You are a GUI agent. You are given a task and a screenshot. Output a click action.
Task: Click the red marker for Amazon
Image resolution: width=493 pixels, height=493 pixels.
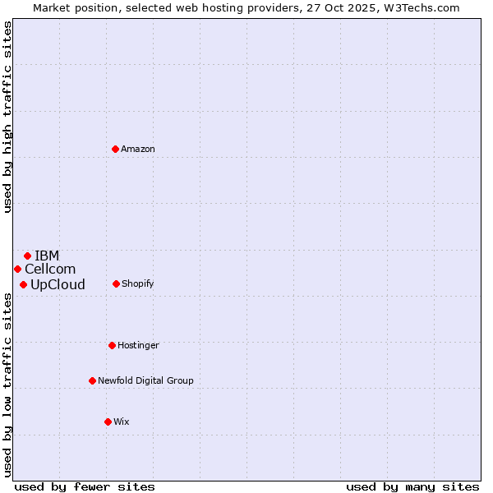coord(115,149)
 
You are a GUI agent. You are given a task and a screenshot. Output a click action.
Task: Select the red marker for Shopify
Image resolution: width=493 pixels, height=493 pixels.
coord(116,283)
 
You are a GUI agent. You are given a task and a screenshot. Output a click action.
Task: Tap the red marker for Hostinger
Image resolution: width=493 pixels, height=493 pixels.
coord(112,345)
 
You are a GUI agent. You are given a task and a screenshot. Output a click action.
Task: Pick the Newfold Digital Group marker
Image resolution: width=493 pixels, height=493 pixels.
coord(92,380)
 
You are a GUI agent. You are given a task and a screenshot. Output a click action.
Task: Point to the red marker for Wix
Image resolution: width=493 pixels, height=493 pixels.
coord(108,422)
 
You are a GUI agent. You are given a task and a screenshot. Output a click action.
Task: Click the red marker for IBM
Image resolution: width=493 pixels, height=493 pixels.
coord(27,256)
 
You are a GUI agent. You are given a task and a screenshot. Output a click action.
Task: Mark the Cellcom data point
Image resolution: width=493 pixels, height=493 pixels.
coord(17,269)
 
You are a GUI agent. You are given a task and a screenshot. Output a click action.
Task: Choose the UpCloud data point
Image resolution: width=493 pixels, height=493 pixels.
coord(23,284)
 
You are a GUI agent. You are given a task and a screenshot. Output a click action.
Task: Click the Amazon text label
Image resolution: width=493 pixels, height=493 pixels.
coord(138,149)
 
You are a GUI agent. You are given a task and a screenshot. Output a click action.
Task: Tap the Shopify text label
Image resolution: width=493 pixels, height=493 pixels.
coord(137,283)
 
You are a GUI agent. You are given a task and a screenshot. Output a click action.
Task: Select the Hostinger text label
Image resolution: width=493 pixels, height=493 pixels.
coord(138,345)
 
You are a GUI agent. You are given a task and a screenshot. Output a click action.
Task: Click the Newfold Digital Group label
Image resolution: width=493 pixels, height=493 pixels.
coord(145,380)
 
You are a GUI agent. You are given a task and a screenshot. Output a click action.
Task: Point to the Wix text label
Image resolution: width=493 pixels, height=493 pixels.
coord(122,422)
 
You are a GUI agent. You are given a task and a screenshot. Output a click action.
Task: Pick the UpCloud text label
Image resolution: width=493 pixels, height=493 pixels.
coord(58,285)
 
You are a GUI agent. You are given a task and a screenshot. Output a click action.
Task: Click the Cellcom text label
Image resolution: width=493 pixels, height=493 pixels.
coord(50,270)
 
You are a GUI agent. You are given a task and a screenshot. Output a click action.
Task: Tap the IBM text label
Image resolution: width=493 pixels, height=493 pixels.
coord(47,256)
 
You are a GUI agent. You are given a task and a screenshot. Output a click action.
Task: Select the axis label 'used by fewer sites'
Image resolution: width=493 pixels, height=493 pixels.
coord(85,486)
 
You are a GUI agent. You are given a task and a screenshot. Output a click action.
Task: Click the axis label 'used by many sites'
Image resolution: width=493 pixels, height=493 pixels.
coord(412,486)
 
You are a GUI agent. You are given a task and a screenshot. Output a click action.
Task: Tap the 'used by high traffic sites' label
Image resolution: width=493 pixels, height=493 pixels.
coord(7,117)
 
